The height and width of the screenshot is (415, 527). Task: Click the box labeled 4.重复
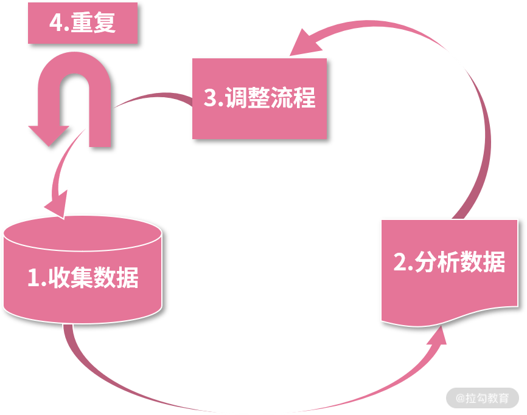[x=83, y=23]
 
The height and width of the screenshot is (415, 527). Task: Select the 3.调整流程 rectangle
[x=259, y=98]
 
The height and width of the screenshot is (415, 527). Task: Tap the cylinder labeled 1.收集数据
[x=83, y=270]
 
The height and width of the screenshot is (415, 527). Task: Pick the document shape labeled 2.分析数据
[x=450, y=272]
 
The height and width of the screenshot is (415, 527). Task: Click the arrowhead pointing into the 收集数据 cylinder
[x=57, y=205]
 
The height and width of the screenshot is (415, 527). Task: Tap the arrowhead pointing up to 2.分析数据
[x=438, y=335]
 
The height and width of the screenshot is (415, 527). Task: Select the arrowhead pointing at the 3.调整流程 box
[x=304, y=44]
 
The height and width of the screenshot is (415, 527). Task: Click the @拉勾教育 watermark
[x=483, y=398]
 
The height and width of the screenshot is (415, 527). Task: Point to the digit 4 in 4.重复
[x=55, y=22]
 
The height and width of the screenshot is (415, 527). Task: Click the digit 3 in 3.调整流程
[x=211, y=98]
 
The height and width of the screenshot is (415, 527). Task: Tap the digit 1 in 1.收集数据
[x=34, y=278]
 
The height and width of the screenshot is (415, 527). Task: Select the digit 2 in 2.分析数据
[x=400, y=262]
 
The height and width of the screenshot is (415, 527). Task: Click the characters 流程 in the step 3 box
[x=293, y=98]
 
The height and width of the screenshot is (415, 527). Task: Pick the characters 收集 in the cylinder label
[x=71, y=278]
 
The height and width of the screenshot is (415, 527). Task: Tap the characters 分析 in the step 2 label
[x=438, y=262]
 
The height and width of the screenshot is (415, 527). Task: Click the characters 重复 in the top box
[x=93, y=22]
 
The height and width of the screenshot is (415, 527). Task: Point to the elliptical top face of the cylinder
[x=83, y=234]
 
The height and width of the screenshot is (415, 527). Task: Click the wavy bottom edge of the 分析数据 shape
[x=450, y=318]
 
